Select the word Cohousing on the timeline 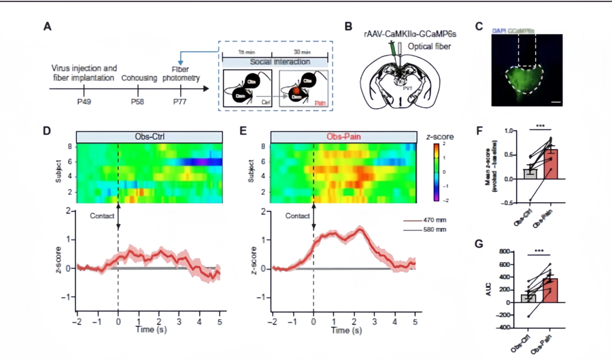(x=139, y=78)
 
